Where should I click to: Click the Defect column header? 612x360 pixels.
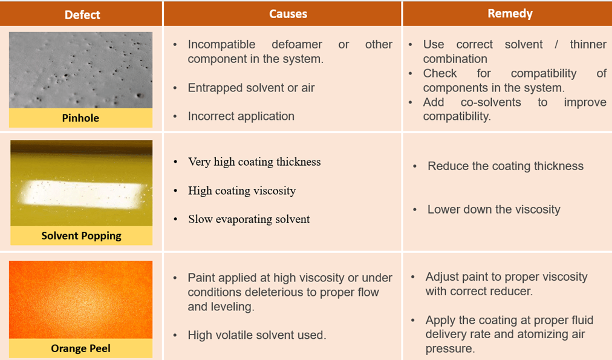coord(82,14)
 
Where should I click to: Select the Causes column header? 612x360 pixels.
coord(288,14)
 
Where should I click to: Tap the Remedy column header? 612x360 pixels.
coord(509,13)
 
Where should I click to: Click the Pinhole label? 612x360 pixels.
coord(80,118)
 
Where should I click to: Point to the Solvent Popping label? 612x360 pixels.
coord(81,236)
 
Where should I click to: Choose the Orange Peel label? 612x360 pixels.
coord(80,349)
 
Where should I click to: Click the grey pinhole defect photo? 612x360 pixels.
coord(80,70)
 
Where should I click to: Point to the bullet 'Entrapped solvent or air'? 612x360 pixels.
coord(251,88)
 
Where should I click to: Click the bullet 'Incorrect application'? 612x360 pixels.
coord(241,116)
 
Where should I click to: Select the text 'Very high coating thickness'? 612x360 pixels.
coord(254,162)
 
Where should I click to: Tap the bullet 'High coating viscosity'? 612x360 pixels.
coord(242,191)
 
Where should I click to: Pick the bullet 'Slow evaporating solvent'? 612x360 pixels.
coord(249,219)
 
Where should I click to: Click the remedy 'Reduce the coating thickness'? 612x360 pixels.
coord(505,166)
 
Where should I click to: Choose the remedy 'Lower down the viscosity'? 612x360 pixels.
coord(493,209)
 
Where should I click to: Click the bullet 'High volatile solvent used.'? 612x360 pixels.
coord(256,335)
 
